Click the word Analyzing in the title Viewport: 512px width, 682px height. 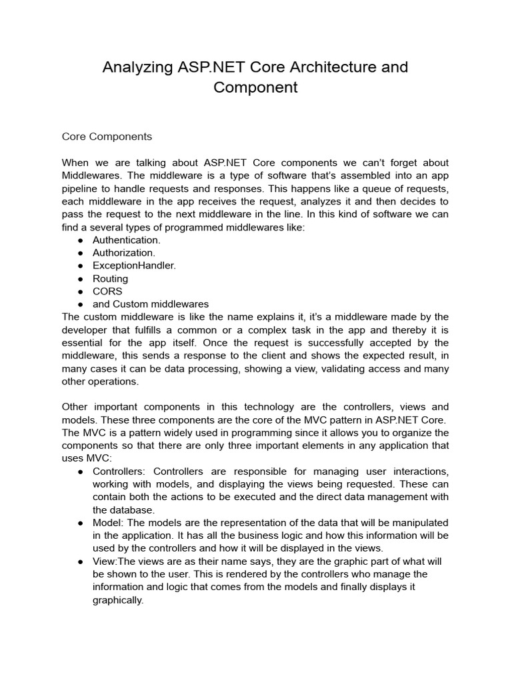pos(138,67)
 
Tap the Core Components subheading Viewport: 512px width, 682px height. pos(107,137)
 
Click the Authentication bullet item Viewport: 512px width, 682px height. pos(126,240)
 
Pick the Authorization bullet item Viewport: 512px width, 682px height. pos(123,252)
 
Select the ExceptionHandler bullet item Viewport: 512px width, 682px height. pos(134,266)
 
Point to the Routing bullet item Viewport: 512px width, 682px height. pos(110,278)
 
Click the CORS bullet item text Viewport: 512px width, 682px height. pos(107,291)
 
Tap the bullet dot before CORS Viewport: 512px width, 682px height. pos(80,292)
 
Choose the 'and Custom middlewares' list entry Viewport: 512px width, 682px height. pos(150,304)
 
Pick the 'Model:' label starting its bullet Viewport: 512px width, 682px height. pos(107,523)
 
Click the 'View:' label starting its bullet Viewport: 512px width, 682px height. pos(105,561)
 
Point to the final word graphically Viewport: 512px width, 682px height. pos(118,600)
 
